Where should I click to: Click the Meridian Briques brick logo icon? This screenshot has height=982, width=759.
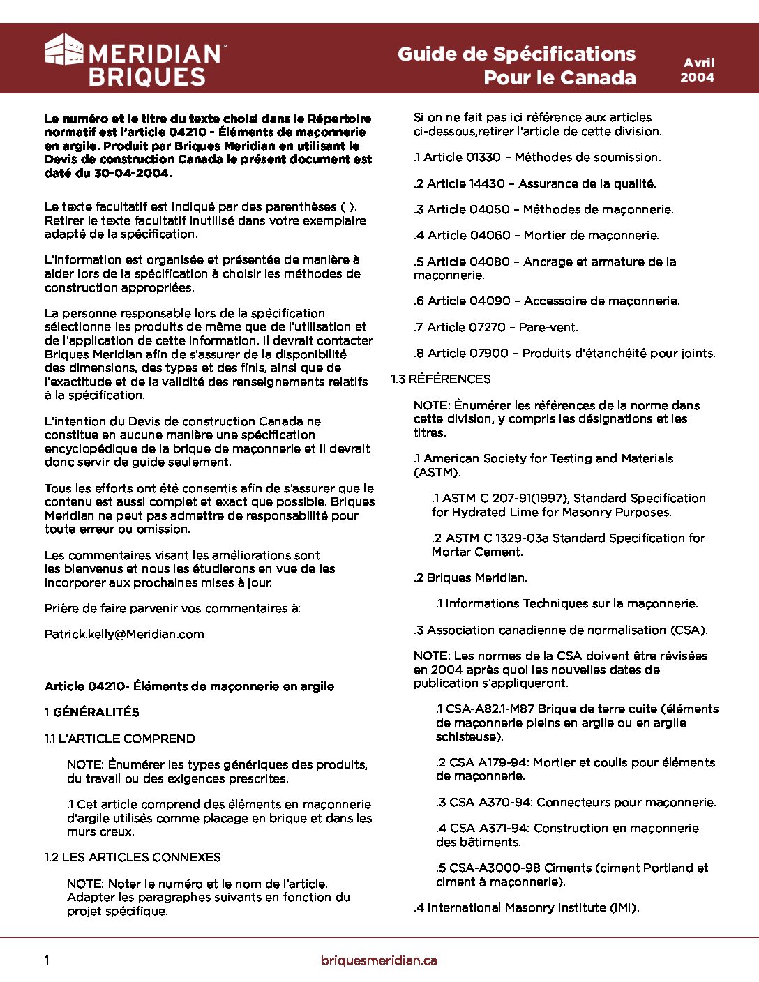[64, 50]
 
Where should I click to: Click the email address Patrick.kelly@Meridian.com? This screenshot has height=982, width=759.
[124, 634]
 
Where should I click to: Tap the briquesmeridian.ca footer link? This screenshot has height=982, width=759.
[379, 960]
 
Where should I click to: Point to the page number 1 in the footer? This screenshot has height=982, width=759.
[47, 960]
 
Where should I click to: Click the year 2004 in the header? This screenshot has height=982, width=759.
[697, 77]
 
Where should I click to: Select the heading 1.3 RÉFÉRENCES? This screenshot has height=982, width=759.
[441, 379]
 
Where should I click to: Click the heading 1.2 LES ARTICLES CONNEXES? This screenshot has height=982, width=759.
[133, 857]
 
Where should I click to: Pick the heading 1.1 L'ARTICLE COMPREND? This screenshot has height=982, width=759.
[120, 739]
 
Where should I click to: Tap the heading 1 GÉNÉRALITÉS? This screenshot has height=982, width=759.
[92, 712]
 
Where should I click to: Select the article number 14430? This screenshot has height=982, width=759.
[486, 183]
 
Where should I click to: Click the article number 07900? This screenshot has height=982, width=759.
[488, 353]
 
